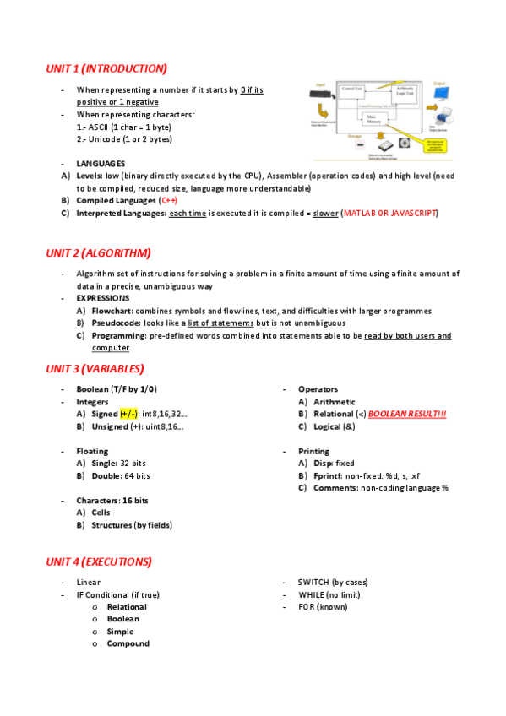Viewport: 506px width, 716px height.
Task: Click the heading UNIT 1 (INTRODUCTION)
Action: coord(106,68)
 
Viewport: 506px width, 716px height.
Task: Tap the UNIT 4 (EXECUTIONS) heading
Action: coord(99,561)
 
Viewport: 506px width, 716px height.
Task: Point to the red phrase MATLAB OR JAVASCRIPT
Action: coord(389,213)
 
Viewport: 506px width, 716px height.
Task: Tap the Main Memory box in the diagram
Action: coord(371,120)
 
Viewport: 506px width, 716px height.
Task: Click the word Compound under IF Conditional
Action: coord(128,643)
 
